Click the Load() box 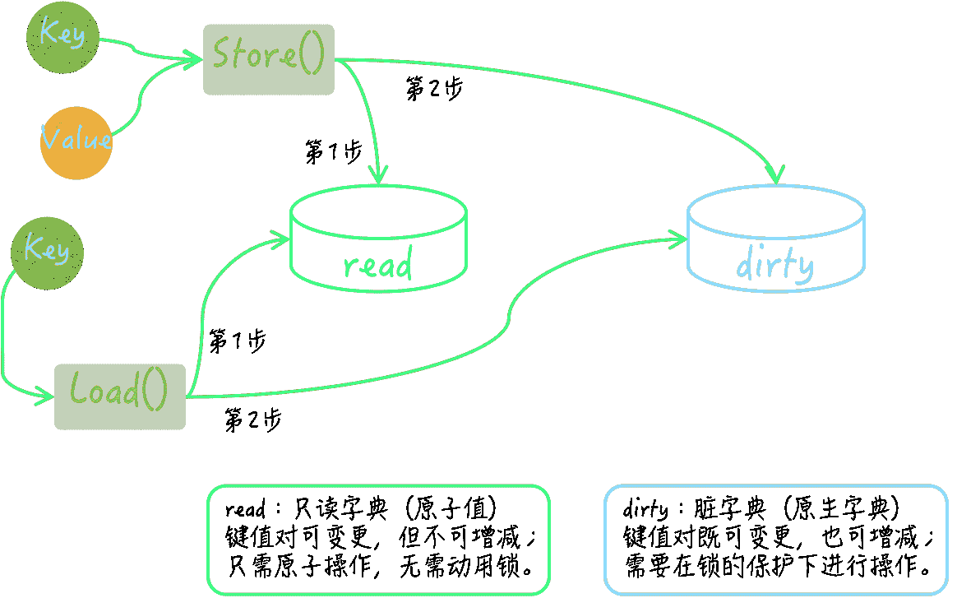[x=120, y=396]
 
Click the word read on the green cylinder [x=378, y=265]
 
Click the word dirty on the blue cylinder [x=774, y=265]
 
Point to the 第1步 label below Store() [x=333, y=152]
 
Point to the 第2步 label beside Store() [x=434, y=89]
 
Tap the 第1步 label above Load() [x=237, y=341]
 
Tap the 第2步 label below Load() [x=253, y=420]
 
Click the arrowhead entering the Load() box [x=47, y=396]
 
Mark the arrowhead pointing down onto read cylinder [x=377, y=175]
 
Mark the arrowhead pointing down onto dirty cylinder [x=775, y=175]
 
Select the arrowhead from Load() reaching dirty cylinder [x=679, y=239]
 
